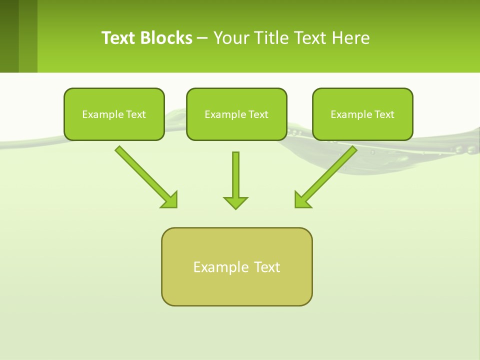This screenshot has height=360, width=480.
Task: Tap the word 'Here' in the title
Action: coord(351,38)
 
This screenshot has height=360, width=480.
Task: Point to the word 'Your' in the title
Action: coord(231,38)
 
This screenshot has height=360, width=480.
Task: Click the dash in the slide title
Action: coord(202,38)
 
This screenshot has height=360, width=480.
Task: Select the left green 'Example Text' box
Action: coord(114,114)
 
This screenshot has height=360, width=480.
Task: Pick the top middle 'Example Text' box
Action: coord(236,114)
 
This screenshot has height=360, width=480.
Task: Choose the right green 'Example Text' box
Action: coord(362,114)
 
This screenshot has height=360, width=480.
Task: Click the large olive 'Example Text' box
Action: coord(236,266)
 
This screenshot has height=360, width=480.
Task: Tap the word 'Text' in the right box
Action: coord(384,114)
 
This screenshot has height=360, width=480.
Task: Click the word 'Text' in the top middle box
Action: coord(258,114)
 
